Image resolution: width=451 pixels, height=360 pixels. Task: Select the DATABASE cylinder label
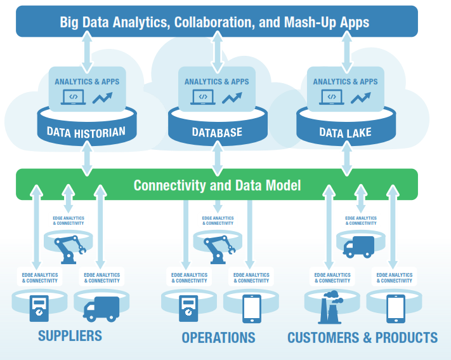[x=217, y=133]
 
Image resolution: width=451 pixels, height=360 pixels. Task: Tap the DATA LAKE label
[x=346, y=133]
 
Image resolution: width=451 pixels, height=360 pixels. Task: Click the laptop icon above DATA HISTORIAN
[x=73, y=98]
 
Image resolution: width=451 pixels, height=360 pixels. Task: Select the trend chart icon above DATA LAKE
[x=361, y=98]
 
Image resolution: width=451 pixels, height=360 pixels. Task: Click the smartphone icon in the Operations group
[x=251, y=308]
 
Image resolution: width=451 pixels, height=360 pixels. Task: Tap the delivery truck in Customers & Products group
[x=359, y=246]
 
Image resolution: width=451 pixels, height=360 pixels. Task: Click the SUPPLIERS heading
[x=70, y=337]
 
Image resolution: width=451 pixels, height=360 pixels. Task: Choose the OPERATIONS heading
[x=218, y=337]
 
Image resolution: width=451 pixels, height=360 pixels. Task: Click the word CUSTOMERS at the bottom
[x=324, y=337]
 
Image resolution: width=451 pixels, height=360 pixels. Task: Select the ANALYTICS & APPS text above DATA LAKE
[x=346, y=81]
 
